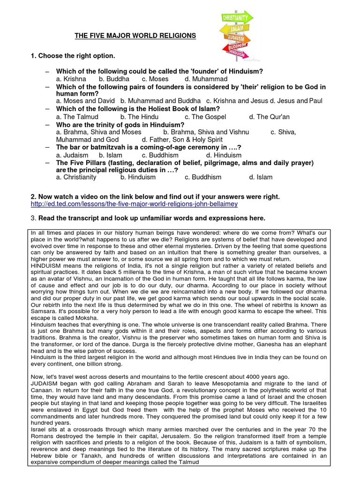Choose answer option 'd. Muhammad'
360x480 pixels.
(x=206, y=79)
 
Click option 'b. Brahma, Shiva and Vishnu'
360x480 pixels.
(x=206, y=132)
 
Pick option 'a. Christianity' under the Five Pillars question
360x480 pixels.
(x=76, y=177)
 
